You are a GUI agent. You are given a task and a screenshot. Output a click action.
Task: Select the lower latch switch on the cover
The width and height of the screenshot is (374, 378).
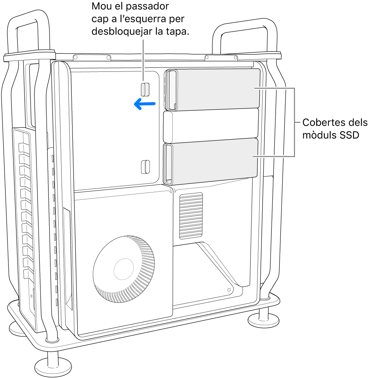[x=145, y=166]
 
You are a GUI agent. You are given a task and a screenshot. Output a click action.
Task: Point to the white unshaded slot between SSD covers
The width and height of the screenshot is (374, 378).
[x=211, y=126]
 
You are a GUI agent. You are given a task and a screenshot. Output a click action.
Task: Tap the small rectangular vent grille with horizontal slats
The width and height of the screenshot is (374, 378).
[x=191, y=216]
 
